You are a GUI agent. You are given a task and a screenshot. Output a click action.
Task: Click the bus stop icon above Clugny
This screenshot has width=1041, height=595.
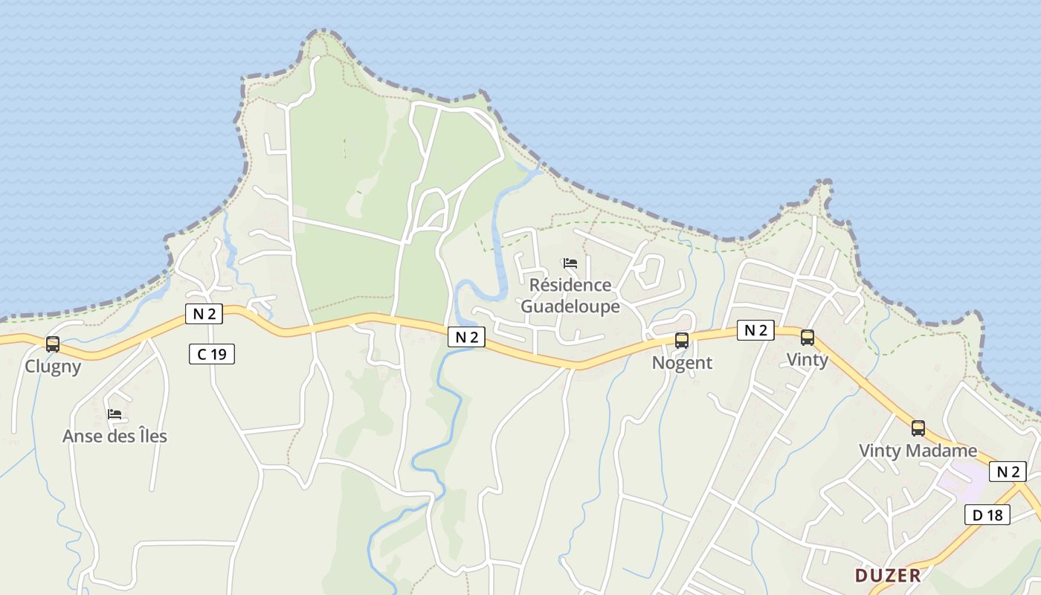[53, 344]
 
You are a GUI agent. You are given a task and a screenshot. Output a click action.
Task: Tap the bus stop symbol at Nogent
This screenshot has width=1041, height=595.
[682, 341]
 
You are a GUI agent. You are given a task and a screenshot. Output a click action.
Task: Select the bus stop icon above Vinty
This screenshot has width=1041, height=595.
[808, 338]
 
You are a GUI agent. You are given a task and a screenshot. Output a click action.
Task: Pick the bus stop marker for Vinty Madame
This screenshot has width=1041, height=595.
[918, 428]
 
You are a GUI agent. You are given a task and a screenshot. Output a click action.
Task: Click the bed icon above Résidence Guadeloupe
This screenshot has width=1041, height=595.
[570, 263]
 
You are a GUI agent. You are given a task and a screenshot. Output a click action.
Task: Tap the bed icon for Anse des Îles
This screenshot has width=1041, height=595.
[115, 414]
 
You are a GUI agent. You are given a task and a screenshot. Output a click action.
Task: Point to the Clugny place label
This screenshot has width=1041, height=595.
[53, 366]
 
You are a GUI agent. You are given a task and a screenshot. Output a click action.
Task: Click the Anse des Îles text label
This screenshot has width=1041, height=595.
[115, 436]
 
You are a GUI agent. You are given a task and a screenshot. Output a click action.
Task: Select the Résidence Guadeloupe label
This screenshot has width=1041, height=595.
[570, 296]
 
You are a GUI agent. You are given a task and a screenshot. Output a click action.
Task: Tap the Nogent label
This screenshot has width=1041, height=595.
[682, 363]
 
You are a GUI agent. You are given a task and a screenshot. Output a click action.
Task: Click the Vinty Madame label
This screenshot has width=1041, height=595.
[918, 451]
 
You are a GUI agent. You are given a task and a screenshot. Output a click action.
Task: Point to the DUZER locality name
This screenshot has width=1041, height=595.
[888, 575]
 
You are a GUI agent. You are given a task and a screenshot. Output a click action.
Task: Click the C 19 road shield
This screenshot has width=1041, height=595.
[212, 354]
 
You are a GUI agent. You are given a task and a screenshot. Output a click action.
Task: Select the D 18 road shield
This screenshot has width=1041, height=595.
[987, 515]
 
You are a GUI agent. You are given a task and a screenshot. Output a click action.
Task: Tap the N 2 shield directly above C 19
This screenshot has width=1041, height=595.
[204, 314]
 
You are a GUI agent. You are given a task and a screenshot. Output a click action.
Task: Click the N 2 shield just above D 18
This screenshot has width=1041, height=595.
[1008, 472]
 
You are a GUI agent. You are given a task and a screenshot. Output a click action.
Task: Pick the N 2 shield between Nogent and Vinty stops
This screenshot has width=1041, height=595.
[755, 330]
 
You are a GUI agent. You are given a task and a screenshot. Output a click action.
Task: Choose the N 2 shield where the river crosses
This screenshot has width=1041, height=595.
[466, 337]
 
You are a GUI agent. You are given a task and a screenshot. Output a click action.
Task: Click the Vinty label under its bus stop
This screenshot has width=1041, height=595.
[808, 360]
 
